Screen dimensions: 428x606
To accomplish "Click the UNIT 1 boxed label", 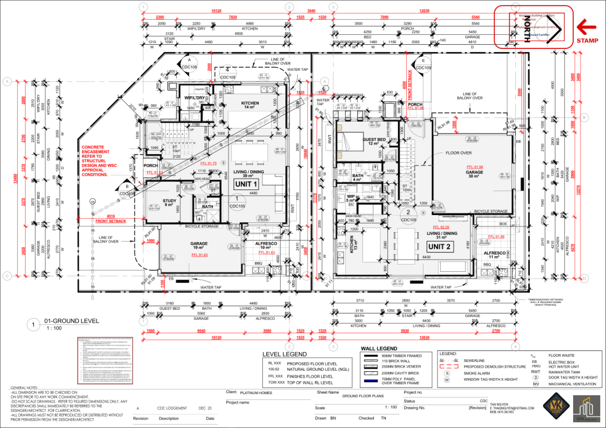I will click(x=246, y=184).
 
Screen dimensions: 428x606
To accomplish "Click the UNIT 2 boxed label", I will click(x=439, y=247).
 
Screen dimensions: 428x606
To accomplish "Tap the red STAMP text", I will click(x=587, y=41).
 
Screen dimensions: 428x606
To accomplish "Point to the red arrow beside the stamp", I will click(x=586, y=26).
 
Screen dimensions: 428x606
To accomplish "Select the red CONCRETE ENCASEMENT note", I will click(x=99, y=161).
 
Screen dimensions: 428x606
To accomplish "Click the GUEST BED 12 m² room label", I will click(x=374, y=141).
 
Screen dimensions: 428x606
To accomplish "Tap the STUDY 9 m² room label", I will click(x=169, y=203).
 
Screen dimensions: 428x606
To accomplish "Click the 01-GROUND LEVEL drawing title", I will click(x=71, y=321).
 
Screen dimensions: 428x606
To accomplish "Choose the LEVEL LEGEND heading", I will click(x=284, y=354).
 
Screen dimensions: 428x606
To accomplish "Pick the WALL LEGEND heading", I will click(x=379, y=349).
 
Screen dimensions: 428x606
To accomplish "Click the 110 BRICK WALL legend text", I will click(x=396, y=361).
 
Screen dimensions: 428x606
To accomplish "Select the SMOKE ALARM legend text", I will click(x=477, y=373).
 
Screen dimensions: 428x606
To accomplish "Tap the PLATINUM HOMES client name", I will click(x=256, y=393).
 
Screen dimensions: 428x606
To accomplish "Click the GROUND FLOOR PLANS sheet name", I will click(x=363, y=396).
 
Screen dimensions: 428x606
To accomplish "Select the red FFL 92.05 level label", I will click(x=441, y=227).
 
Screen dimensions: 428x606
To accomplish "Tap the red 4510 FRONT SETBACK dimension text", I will click(x=111, y=219).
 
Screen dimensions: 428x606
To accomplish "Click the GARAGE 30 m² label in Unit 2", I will click(x=474, y=174).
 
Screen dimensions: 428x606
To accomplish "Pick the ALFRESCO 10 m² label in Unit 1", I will click(x=266, y=245).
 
